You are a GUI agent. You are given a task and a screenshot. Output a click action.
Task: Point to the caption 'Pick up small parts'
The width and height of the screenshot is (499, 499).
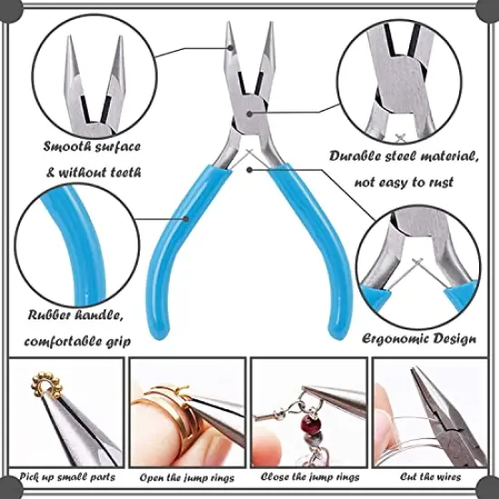pos(67,476)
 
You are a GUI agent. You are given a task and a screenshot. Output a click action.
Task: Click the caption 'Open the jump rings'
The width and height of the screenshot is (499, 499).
pos(188,476)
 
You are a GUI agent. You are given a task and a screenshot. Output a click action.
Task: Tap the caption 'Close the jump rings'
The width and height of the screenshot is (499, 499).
pos(308,476)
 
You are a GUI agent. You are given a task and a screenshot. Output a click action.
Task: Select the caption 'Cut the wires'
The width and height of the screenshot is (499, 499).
pos(429,476)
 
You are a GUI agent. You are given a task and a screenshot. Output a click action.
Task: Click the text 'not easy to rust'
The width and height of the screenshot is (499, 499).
pos(404,181)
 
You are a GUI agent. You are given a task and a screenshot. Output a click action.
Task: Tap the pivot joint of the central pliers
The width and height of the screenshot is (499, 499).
pos(250,113)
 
